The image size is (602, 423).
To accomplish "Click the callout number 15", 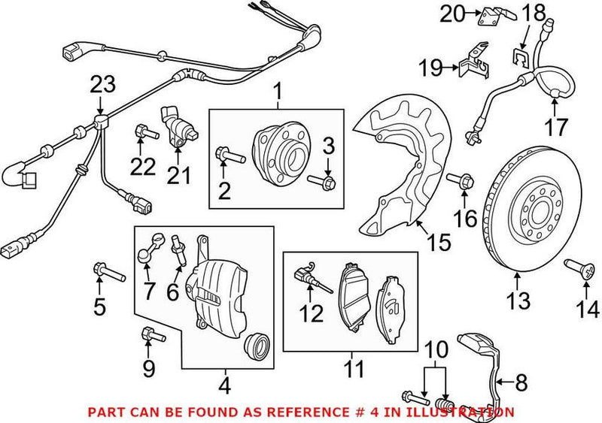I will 439,242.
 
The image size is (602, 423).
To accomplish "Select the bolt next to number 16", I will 461,181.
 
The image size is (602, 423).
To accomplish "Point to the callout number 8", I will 519,382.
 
